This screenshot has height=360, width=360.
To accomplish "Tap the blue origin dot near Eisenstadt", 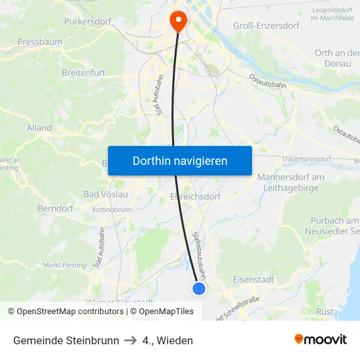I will click(x=199, y=289).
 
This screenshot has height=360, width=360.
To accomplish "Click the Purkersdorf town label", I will click(x=90, y=22).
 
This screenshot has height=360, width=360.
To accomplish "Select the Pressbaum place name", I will click(x=40, y=42).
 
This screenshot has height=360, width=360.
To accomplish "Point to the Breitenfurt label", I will click(x=84, y=73).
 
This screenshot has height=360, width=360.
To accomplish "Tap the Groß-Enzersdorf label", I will click(x=266, y=26).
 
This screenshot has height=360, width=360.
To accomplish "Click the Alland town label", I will click(x=39, y=128).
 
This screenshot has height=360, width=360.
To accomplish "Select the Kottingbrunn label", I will click(x=113, y=209).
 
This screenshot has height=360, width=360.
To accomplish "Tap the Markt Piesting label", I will click(x=64, y=265).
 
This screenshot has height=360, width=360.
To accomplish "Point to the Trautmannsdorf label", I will click(x=308, y=160).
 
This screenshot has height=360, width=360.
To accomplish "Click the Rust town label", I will click(x=325, y=312).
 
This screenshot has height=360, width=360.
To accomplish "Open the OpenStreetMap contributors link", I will click(x=65, y=312).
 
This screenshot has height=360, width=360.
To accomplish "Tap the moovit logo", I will click(x=321, y=340).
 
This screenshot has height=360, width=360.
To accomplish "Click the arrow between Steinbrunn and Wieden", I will click(x=131, y=340).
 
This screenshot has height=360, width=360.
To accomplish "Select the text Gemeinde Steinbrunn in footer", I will click(x=66, y=340).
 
